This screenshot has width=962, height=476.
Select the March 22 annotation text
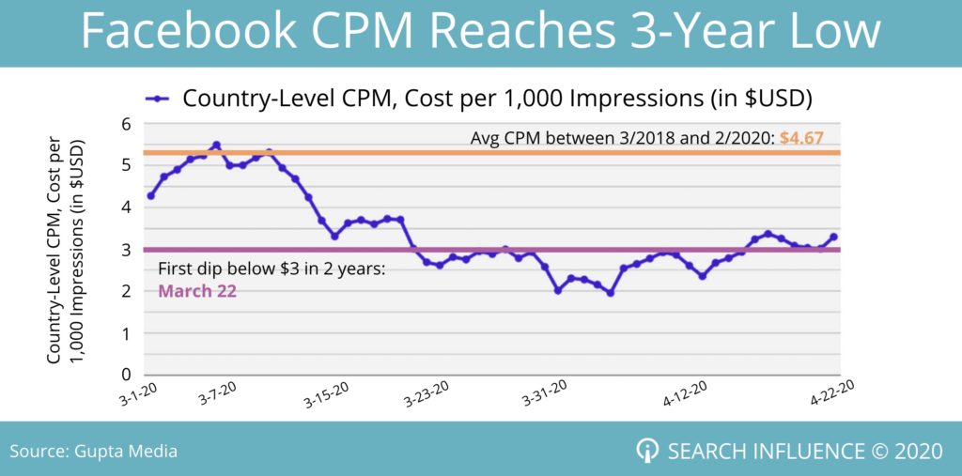coord(197,291)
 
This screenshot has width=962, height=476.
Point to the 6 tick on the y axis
coord(124,123)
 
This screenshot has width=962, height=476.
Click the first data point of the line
coord(151,195)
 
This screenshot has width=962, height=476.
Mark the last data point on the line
coord(833,237)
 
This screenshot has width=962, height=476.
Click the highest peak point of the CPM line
coord(216,146)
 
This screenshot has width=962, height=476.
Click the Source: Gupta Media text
coord(93,452)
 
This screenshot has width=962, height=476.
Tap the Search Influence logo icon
coord(647,451)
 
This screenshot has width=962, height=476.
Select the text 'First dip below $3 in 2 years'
coord(272,270)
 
